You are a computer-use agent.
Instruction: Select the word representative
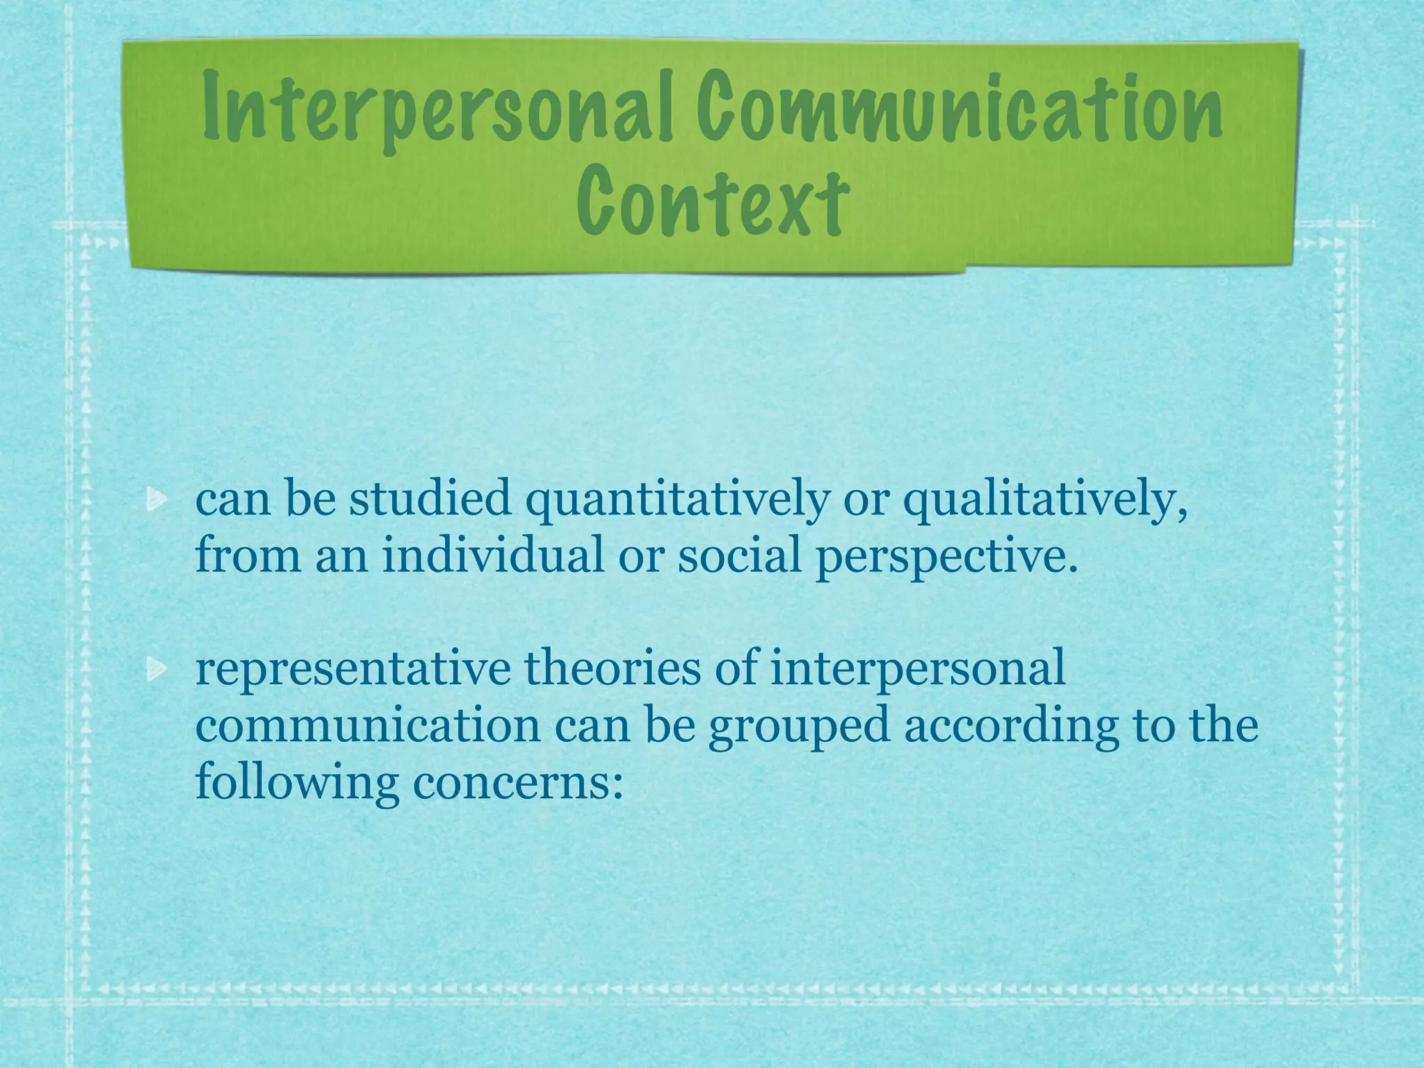click(352, 669)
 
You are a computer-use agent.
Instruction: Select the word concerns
click(517, 782)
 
